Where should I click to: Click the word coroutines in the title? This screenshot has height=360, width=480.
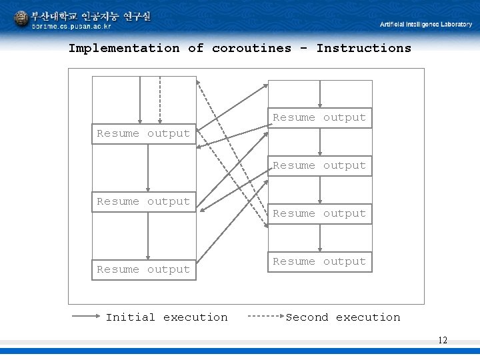(251, 48)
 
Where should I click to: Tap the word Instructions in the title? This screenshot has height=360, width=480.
(363, 48)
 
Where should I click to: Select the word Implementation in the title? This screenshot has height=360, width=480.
(124, 48)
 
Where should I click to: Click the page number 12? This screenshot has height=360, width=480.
(443, 341)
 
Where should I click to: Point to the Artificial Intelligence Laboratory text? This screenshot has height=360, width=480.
(425, 25)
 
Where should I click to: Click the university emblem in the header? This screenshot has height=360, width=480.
(21, 19)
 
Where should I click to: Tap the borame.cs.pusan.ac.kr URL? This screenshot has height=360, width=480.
(71, 27)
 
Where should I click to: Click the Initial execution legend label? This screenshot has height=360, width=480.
(167, 317)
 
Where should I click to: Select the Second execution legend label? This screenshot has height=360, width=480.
(343, 317)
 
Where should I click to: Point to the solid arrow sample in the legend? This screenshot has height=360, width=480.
(85, 317)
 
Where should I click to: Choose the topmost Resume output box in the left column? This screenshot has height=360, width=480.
(143, 133)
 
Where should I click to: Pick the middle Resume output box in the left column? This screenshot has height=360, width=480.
(143, 201)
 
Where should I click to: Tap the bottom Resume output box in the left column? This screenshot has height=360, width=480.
(143, 269)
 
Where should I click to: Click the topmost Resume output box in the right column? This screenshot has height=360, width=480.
(319, 118)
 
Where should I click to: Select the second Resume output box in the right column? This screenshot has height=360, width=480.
(319, 166)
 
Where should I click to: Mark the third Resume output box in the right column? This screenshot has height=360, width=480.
(319, 214)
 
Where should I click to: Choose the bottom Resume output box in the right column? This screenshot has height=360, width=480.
(319, 262)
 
